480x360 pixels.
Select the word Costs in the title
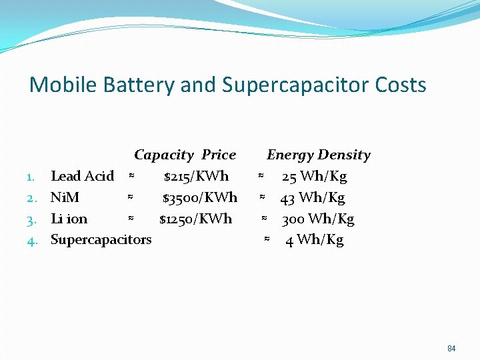point(400,85)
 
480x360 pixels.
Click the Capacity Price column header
point(185,155)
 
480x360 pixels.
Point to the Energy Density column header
point(318,155)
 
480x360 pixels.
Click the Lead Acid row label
point(82,176)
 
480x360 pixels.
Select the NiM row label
point(65,197)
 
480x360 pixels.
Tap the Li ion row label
point(69,219)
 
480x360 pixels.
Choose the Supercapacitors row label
point(101,239)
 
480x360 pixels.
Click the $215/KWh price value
point(196,176)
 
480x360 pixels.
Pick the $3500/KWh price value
point(199,197)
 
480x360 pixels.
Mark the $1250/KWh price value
point(195,219)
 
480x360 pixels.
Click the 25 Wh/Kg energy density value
point(314,176)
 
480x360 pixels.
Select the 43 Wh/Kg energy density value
point(312,197)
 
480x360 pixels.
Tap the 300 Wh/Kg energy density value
point(317,219)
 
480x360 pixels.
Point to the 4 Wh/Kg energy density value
point(314,239)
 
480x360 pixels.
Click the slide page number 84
point(451,348)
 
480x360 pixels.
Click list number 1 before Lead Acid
point(31,177)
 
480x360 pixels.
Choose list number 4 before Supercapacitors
point(31,240)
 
